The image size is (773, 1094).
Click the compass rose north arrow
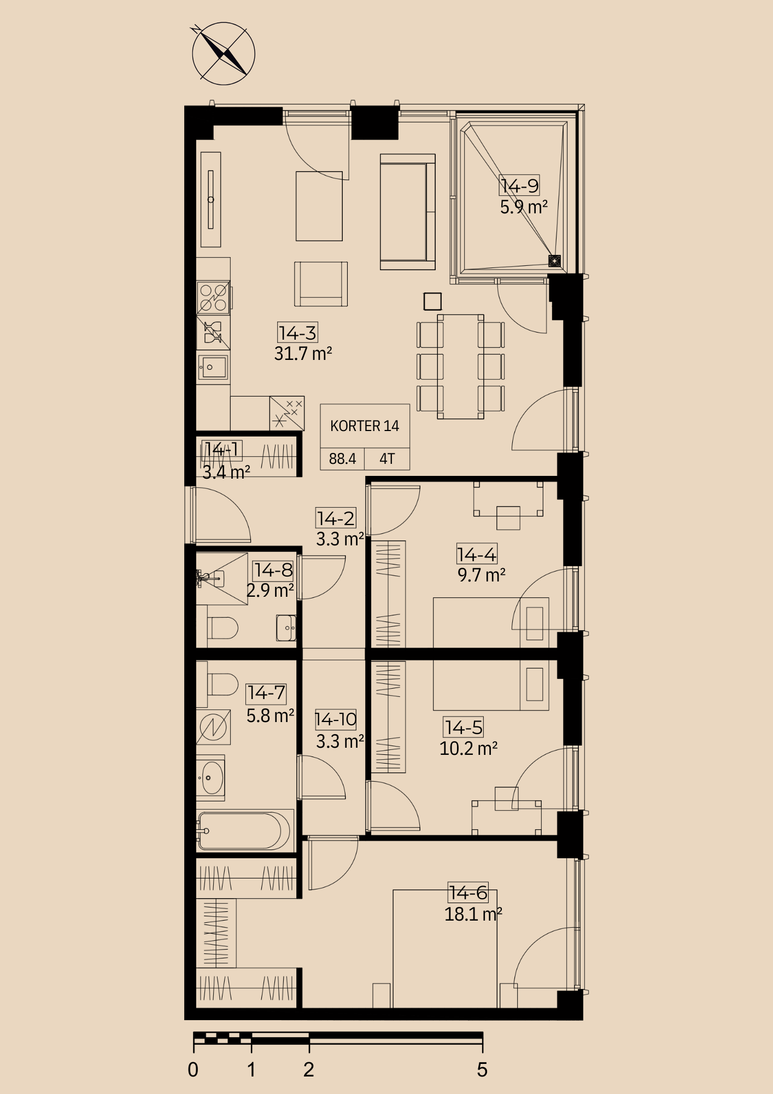point(224,54)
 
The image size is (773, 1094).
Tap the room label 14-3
point(297,333)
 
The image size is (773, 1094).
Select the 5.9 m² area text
point(524,207)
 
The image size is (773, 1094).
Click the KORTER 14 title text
point(365,426)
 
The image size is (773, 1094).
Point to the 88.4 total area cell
point(342,458)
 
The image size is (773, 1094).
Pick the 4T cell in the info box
point(387,458)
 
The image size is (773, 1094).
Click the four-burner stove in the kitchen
point(213,298)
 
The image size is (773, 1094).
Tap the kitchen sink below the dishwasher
point(213,367)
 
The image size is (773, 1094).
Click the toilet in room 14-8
point(222,629)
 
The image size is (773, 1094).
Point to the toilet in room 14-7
point(223,684)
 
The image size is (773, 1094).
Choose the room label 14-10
point(336,719)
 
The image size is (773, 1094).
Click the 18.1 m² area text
point(473,914)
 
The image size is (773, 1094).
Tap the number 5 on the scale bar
point(482,1070)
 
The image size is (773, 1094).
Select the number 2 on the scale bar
point(309,1070)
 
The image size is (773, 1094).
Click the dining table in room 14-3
point(460,366)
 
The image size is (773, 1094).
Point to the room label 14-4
point(477,555)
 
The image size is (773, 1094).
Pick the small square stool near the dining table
point(432,301)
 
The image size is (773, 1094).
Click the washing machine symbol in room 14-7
point(213,727)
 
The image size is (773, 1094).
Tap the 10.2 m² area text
point(469,748)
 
